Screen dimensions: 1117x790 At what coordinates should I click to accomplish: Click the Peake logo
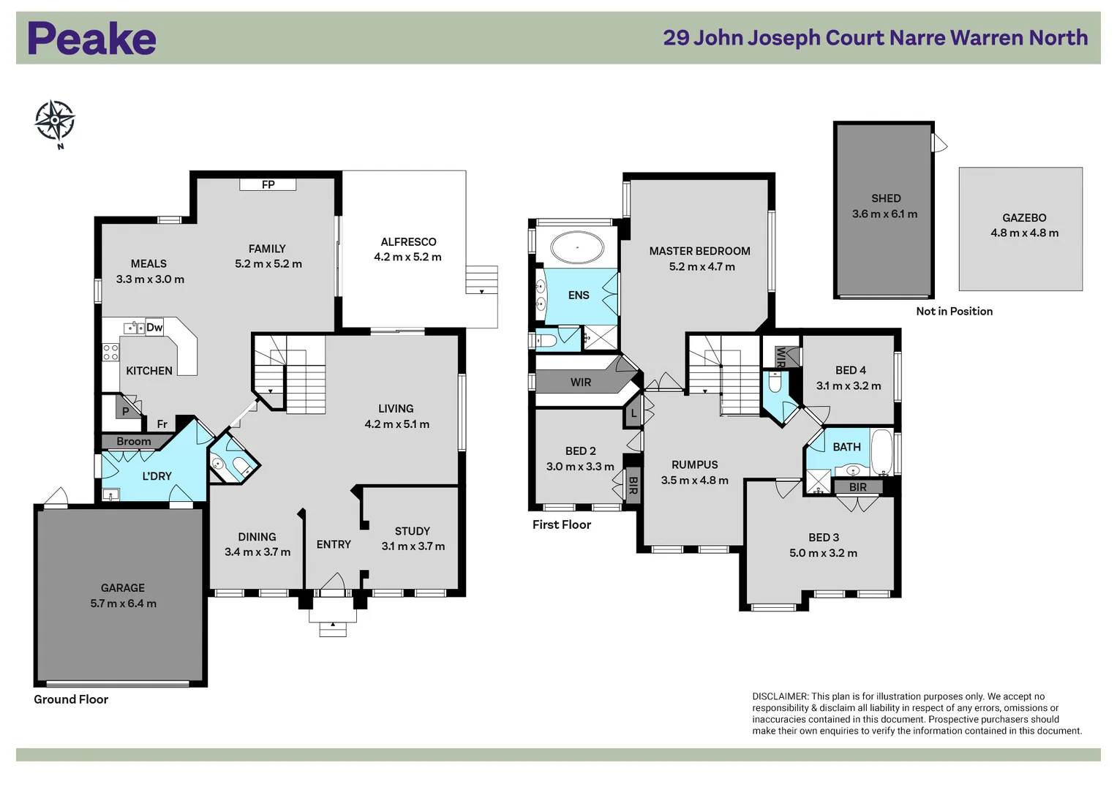(x=91, y=38)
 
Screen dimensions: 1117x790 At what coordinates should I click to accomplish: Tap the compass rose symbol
(x=55, y=120)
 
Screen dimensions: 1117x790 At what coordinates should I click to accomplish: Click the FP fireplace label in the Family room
(x=268, y=184)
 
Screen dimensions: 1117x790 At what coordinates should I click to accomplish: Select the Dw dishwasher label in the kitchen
(x=154, y=327)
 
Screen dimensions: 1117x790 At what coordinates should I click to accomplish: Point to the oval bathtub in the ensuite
(x=577, y=247)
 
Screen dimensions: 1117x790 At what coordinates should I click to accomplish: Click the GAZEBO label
(x=1024, y=217)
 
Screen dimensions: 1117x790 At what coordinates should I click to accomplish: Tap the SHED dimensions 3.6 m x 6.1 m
(x=884, y=214)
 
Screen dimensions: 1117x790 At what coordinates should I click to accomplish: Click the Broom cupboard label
(x=134, y=441)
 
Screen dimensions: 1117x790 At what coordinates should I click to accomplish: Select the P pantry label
(x=126, y=411)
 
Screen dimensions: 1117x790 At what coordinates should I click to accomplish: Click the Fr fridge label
(x=162, y=424)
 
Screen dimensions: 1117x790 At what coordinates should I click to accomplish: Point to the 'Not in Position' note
(x=955, y=311)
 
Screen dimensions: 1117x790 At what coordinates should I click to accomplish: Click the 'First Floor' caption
(x=562, y=524)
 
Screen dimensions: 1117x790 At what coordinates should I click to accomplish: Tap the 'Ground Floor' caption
(x=71, y=699)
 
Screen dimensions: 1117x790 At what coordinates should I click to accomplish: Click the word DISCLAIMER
(x=780, y=696)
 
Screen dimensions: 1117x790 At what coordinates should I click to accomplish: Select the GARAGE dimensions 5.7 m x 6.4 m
(x=123, y=603)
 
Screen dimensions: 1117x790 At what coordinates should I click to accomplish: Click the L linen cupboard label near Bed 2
(x=633, y=413)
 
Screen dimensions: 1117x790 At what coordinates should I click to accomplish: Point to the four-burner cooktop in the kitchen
(x=110, y=352)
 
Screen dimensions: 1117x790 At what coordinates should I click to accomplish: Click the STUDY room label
(x=413, y=531)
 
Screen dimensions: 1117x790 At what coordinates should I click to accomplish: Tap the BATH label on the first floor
(x=847, y=447)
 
